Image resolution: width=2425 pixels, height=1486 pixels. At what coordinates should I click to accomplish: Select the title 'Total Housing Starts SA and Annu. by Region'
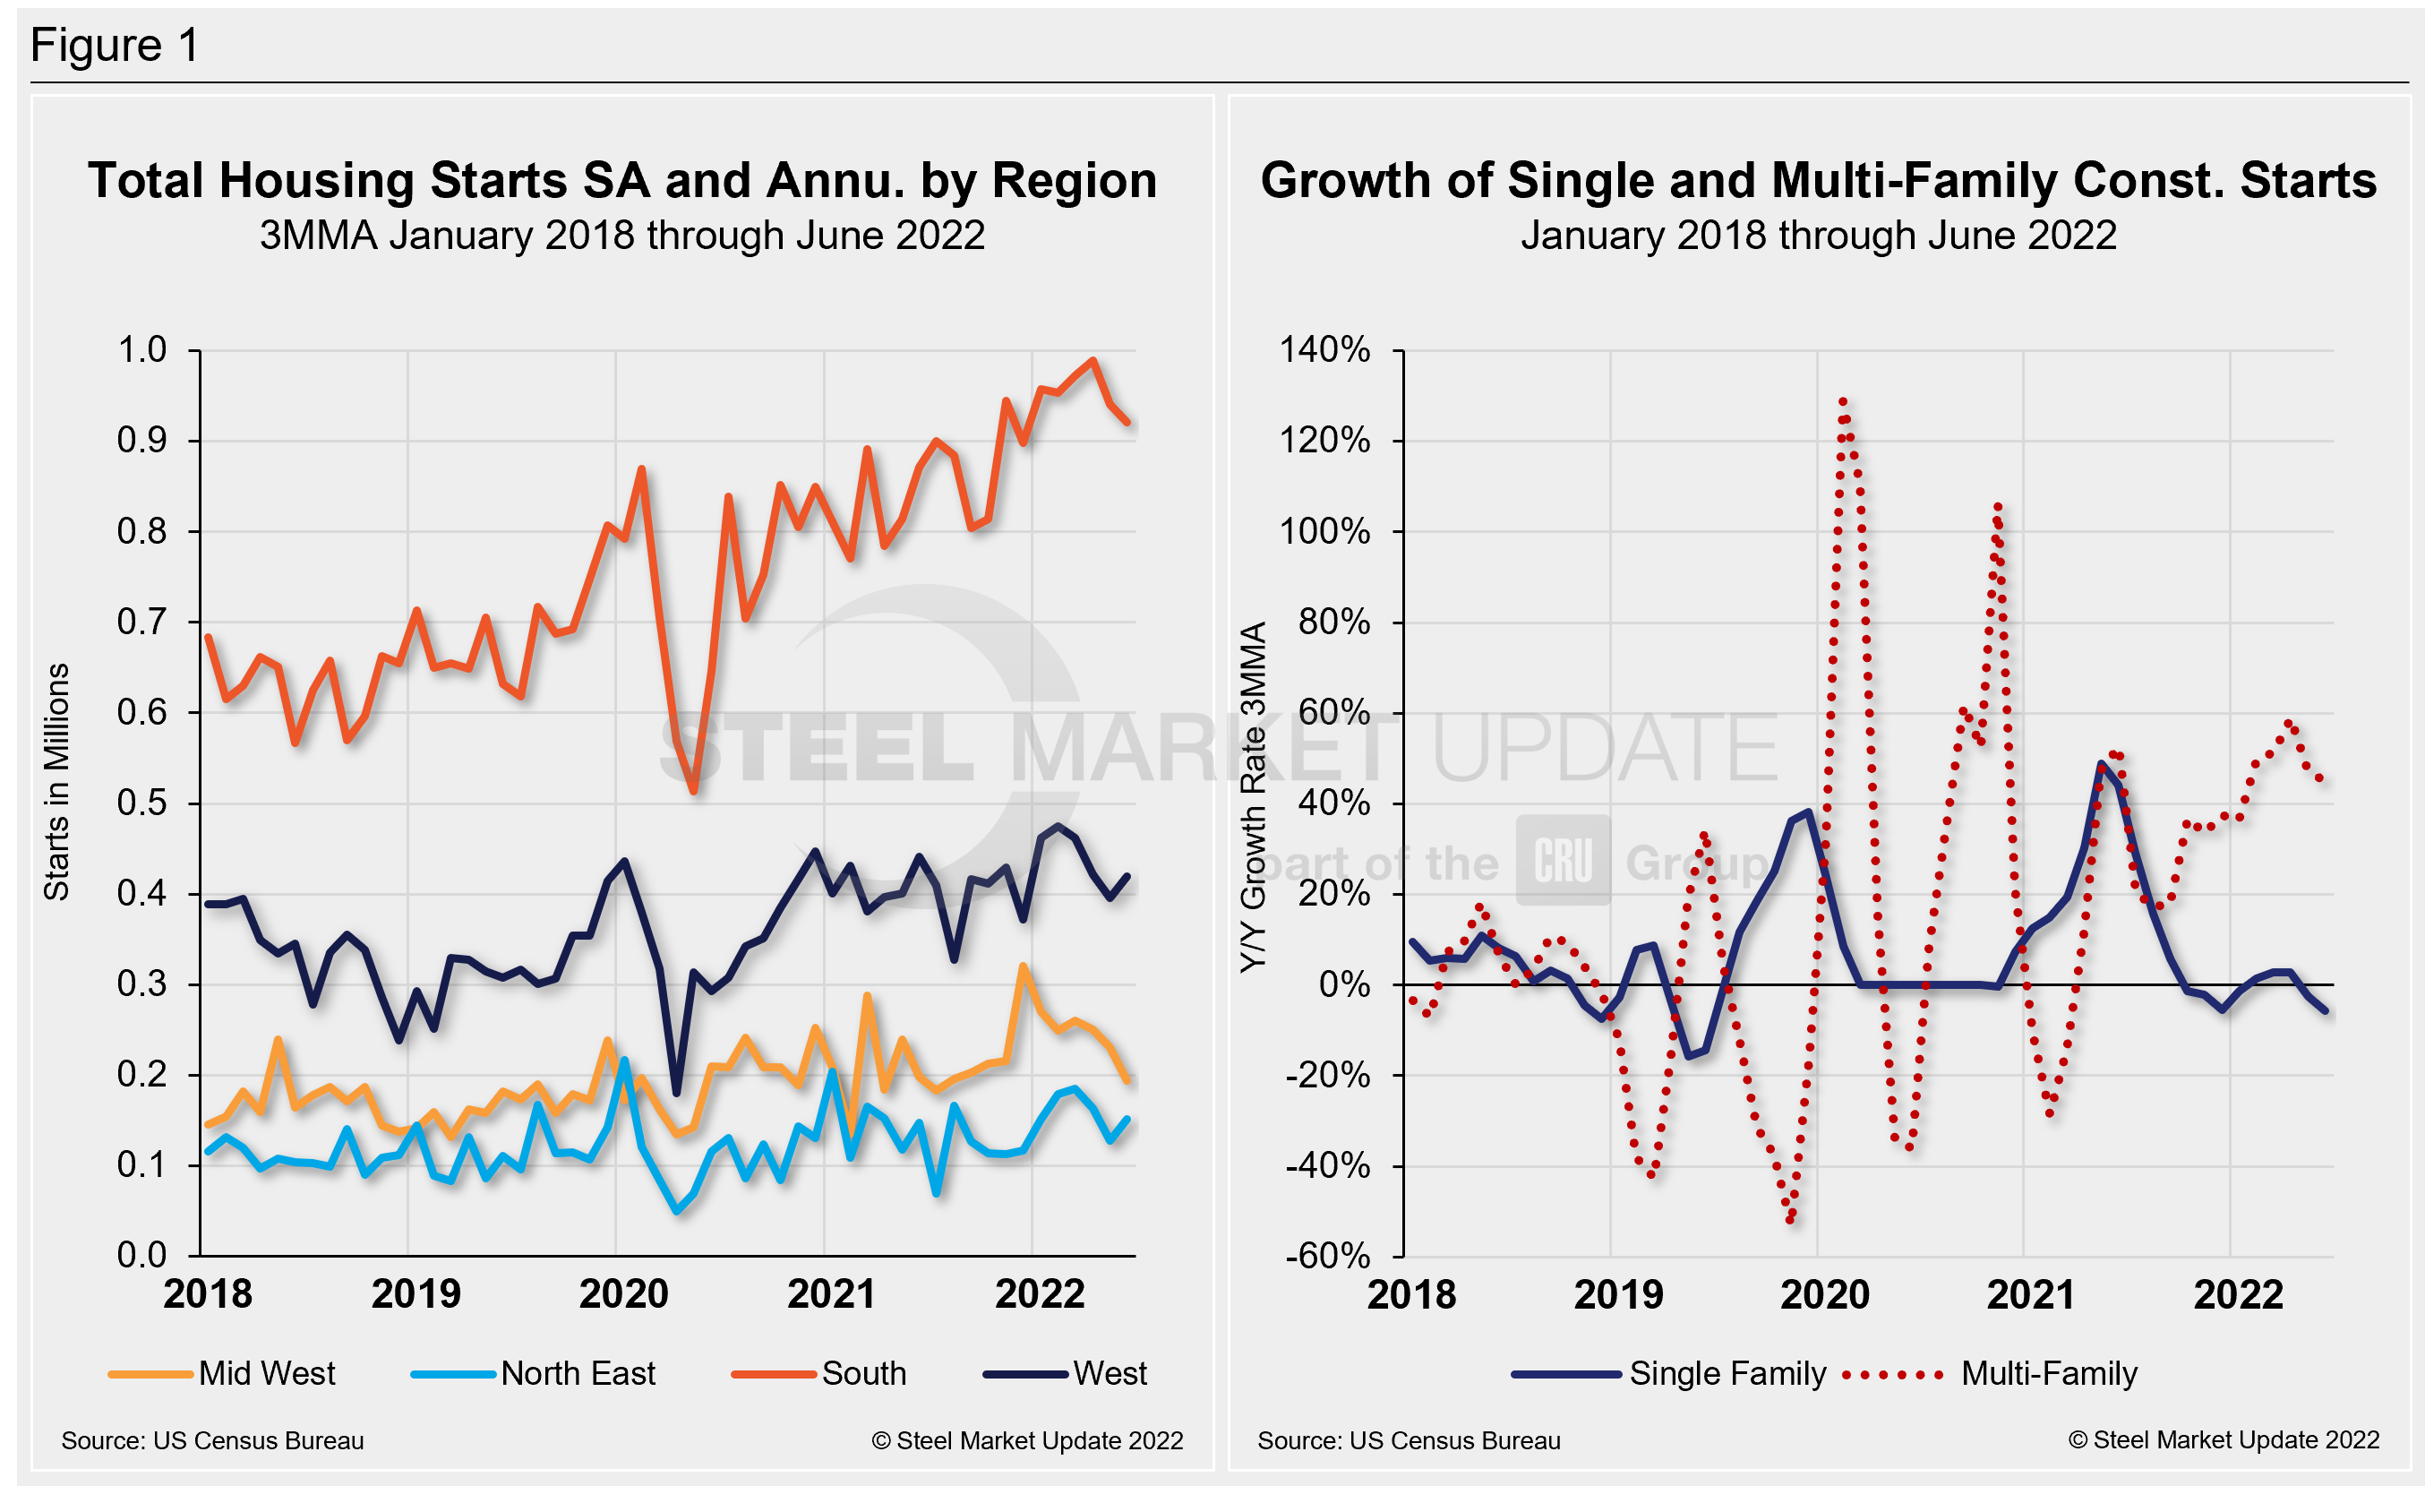point(622,181)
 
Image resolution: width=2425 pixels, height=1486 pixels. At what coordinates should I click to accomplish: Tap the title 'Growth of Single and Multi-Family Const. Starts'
point(1818,181)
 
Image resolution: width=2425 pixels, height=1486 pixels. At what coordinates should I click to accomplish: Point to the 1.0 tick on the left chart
point(142,350)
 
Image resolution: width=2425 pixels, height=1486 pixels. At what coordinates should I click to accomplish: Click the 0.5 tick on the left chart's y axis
point(142,803)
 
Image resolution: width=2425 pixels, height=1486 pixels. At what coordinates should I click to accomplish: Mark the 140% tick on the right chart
point(1324,350)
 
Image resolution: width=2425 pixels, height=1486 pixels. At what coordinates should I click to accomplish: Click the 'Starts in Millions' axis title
point(57,781)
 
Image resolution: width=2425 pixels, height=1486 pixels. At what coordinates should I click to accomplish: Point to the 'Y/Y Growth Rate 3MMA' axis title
point(1252,797)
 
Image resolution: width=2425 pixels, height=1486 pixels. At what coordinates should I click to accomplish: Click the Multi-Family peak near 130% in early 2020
point(1842,401)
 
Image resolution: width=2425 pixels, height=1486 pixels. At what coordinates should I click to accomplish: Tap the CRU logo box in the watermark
point(1563,860)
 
